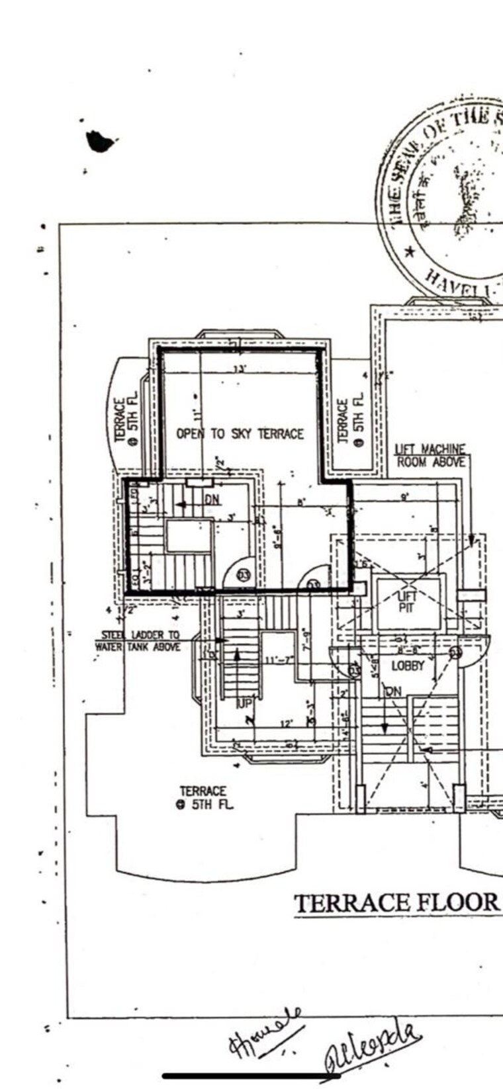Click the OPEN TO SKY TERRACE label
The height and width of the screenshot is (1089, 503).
(240, 434)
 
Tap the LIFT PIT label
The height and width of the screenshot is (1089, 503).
(407, 601)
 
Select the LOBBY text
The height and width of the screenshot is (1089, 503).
(408, 666)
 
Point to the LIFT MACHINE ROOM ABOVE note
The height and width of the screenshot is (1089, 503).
(431, 456)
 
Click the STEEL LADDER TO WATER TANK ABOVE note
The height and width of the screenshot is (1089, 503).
(138, 640)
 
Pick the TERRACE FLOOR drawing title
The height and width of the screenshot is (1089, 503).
(396, 903)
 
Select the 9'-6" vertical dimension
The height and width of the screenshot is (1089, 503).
(279, 537)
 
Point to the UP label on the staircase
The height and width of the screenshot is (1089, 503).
(244, 703)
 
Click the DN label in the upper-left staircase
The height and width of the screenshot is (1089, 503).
(212, 500)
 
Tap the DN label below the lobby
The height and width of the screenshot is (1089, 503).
(393, 691)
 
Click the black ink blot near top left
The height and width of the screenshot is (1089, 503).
(100, 141)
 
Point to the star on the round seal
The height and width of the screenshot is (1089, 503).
(410, 251)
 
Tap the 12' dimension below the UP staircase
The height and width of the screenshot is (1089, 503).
(286, 724)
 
